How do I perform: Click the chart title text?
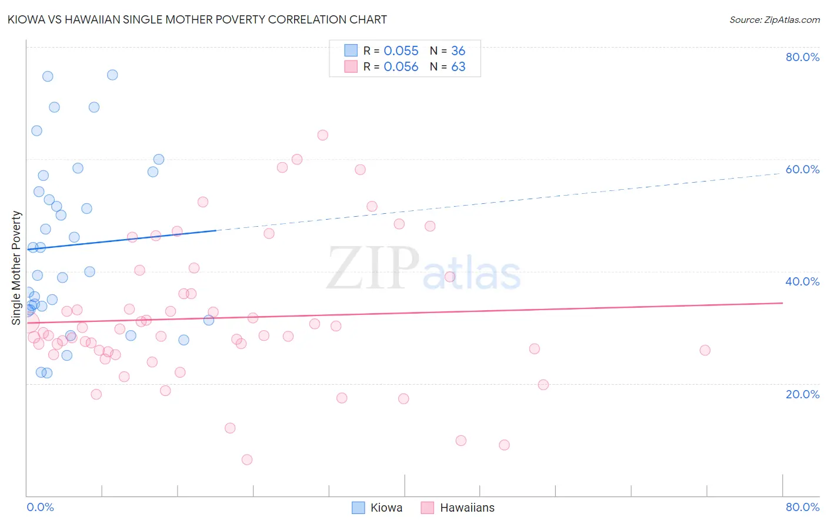pyautogui.click(x=197, y=19)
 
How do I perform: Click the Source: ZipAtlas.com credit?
pyautogui.click(x=774, y=19)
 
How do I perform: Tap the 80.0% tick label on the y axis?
pyautogui.click(x=802, y=57)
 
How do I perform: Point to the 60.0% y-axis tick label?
pyautogui.click(x=802, y=169)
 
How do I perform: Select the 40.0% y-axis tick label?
pyautogui.click(x=802, y=281)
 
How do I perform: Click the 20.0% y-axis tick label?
pyautogui.click(x=802, y=394)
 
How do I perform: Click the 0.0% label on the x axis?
pyautogui.click(x=40, y=507)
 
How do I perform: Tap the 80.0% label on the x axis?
pyautogui.click(x=802, y=507)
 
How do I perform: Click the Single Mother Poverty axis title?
pyautogui.click(x=16, y=268)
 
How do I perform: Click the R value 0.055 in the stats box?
pyautogui.click(x=401, y=51)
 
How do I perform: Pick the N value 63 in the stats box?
pyautogui.click(x=458, y=67)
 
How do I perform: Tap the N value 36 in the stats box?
pyautogui.click(x=458, y=51)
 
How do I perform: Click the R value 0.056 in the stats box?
pyautogui.click(x=401, y=67)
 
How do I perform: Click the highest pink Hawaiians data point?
pyautogui.click(x=322, y=135)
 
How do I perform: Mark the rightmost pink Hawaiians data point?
pyautogui.click(x=705, y=350)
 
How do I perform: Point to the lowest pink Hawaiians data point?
pyautogui.click(x=247, y=459)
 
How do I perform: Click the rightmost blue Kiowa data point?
pyautogui.click(x=209, y=320)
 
